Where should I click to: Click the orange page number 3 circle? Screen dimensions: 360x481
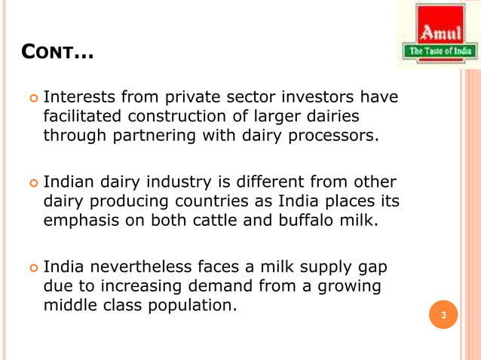(x=444, y=314)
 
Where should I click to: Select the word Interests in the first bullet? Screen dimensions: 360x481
(x=79, y=98)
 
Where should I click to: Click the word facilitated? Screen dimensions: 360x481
(x=83, y=117)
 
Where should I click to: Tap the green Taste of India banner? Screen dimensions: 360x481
(x=440, y=51)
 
